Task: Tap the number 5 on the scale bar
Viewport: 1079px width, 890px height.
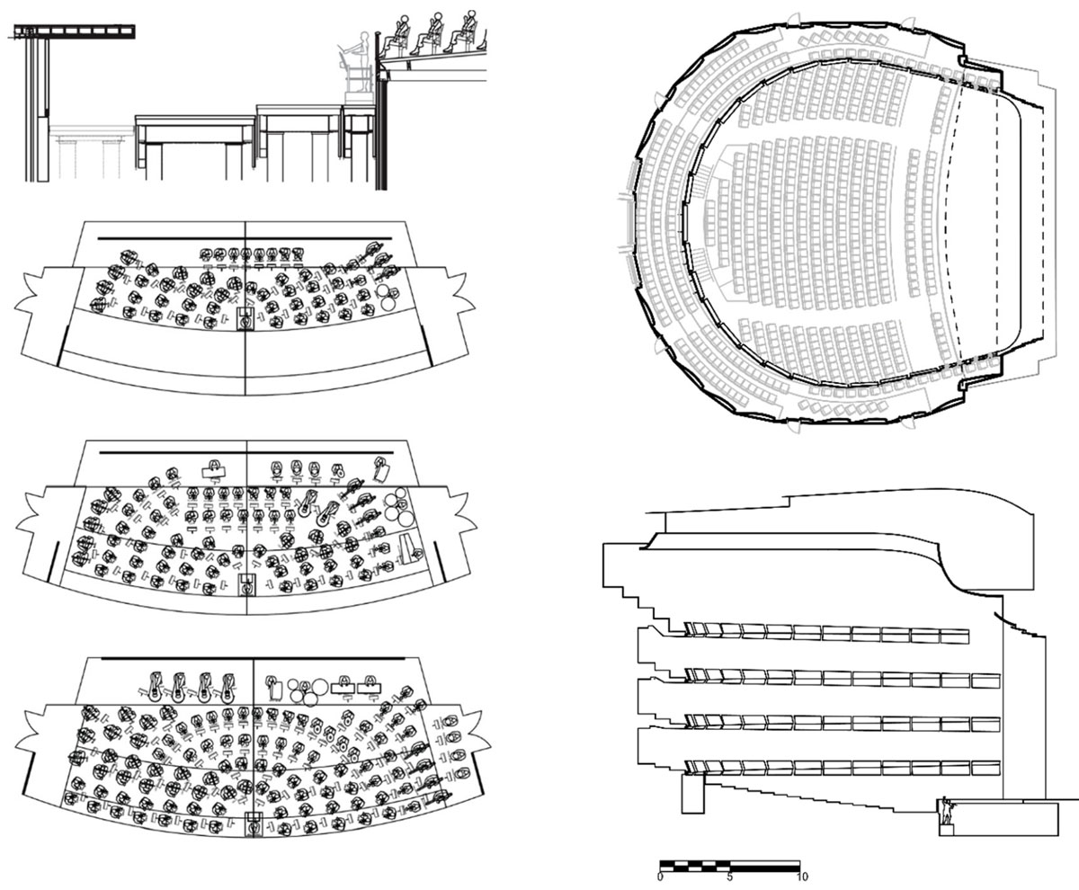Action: click(730, 876)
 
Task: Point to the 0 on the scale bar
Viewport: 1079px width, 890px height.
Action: click(661, 876)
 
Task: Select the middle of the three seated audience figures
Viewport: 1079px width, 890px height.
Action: click(433, 34)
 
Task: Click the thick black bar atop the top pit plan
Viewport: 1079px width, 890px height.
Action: click(245, 238)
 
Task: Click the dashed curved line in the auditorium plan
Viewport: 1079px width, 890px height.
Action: click(951, 234)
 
